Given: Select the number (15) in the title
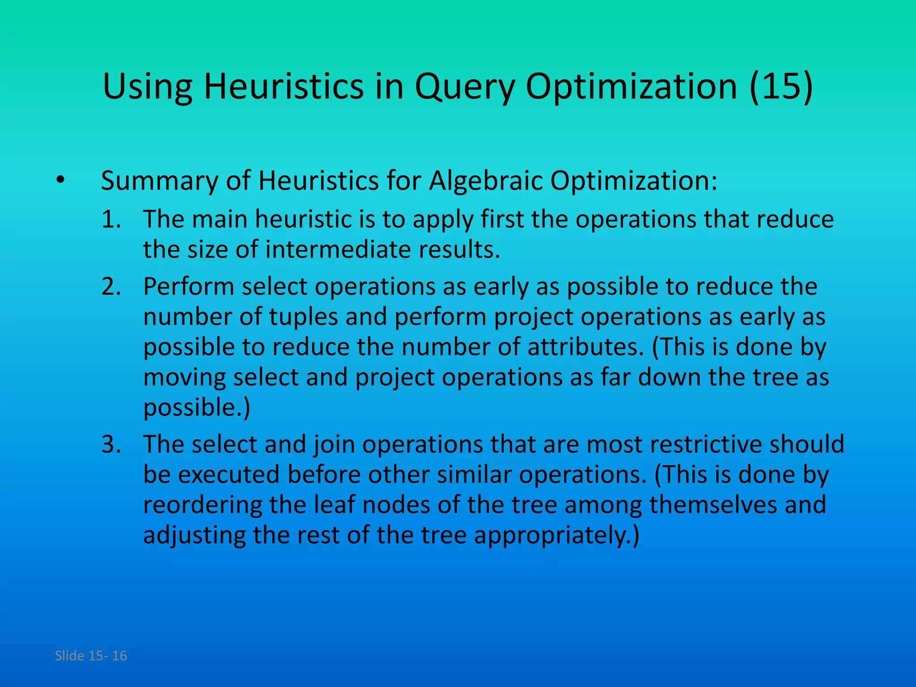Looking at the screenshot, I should [x=781, y=87].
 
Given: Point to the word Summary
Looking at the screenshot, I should [x=159, y=181].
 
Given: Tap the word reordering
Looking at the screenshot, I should [x=202, y=505].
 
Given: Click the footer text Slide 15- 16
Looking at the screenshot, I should [x=91, y=656].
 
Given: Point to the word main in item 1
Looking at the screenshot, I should [x=219, y=220].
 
